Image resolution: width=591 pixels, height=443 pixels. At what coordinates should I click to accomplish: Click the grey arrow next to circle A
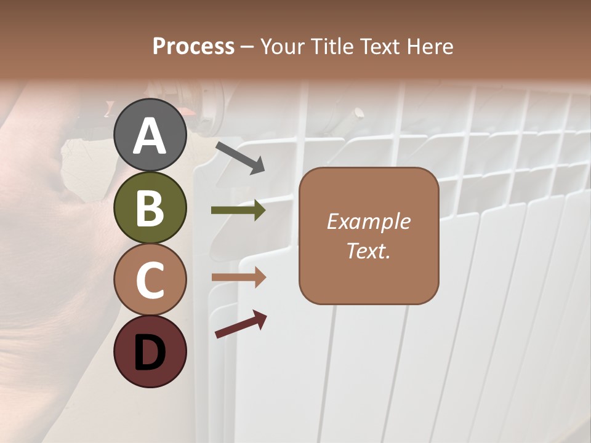[x=239, y=158]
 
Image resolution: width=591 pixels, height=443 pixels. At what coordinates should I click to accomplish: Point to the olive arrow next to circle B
[x=238, y=210]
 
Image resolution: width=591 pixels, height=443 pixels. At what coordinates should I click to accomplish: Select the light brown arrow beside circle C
[x=238, y=277]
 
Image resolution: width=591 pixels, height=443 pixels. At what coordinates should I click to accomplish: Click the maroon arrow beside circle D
[x=241, y=324]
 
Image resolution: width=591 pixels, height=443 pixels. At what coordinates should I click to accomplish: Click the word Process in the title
[x=193, y=47]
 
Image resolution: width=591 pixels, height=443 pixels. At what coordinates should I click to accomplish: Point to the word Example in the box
[x=368, y=222]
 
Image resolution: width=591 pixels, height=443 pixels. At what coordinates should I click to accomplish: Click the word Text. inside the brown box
[x=368, y=251]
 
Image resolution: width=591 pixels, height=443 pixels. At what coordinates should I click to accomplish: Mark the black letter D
[x=150, y=353]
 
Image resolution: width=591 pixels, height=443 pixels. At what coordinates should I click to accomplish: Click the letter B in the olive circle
[x=150, y=209]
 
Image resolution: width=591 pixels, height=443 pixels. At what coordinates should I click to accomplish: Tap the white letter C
[x=150, y=281]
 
